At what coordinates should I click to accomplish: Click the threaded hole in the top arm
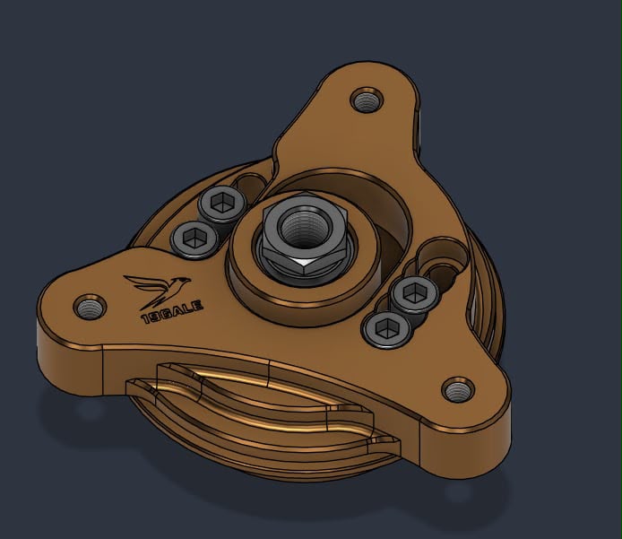pos(367,100)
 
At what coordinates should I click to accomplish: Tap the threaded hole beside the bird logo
pos(90,308)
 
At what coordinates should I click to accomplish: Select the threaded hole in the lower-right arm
pos(458,390)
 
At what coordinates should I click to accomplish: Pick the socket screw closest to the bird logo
pos(194,239)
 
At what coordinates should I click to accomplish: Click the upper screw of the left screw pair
pos(221,204)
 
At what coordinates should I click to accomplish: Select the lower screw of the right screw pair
pos(386,330)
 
